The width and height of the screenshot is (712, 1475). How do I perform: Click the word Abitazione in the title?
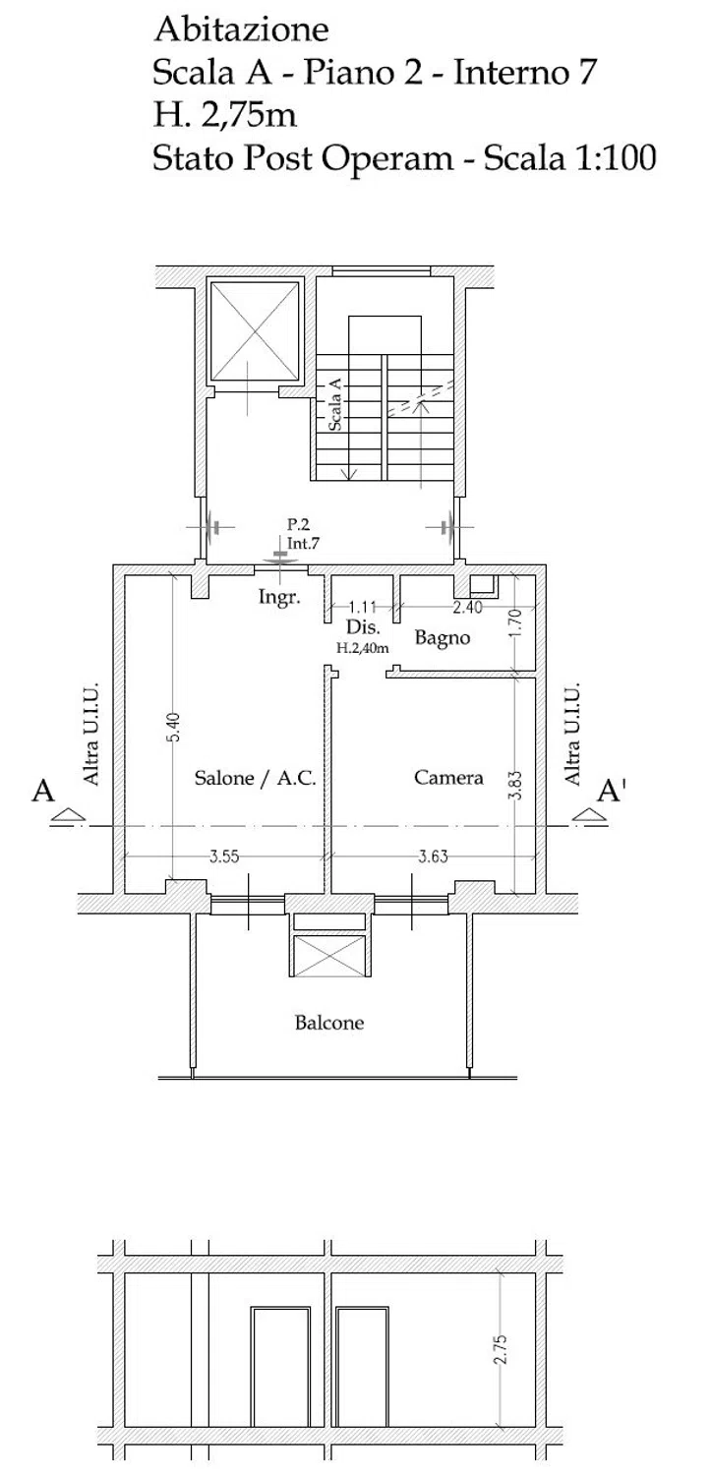point(241,29)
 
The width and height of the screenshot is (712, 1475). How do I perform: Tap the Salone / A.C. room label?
point(256,778)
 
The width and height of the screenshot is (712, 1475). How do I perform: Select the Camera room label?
point(448,777)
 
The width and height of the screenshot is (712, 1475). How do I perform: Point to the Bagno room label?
point(442,638)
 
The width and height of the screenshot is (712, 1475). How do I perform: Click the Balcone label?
point(329,1023)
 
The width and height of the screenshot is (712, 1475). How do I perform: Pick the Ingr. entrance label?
point(279,598)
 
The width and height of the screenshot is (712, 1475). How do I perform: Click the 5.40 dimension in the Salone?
point(174,728)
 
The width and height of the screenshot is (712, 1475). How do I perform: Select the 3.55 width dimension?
point(224,856)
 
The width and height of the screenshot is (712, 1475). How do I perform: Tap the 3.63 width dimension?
point(434,856)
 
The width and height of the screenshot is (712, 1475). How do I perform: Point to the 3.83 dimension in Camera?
point(516,785)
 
